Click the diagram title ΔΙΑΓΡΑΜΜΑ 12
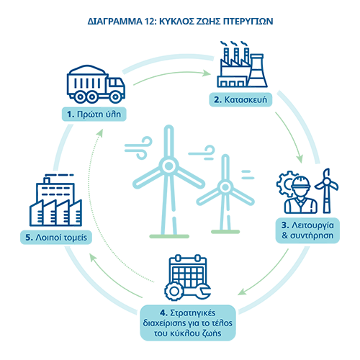180,22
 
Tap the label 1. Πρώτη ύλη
94,114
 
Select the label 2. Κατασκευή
240,99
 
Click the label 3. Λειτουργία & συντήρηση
307,230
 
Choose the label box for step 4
188,323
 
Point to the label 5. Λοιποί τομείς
56,238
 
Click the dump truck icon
96,84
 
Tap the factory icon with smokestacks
243,64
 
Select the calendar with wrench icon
188,277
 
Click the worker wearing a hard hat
301,195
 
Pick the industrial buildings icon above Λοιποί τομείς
55,200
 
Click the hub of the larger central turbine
168,166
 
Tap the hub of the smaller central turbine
225,187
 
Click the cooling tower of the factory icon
257,70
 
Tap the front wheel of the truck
115,97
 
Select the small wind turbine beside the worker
327,191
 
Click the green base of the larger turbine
169,236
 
